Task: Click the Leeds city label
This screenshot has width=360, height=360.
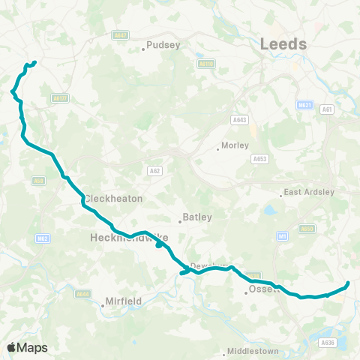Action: click(x=283, y=44)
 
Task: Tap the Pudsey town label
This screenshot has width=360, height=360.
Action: click(x=165, y=45)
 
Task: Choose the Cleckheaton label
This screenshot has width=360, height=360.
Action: click(x=113, y=199)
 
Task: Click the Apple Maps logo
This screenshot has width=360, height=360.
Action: click(x=26, y=347)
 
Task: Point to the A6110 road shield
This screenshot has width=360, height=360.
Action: click(x=207, y=64)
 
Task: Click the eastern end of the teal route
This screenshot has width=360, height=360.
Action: click(x=348, y=283)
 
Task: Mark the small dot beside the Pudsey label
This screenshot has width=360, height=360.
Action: click(x=143, y=50)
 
